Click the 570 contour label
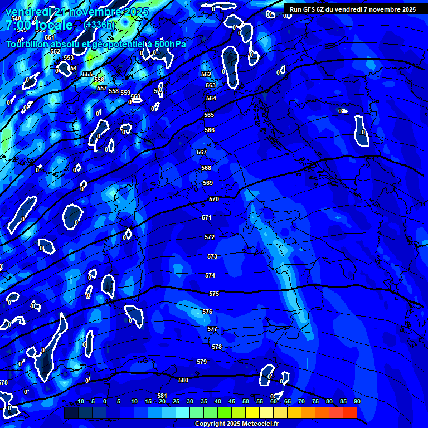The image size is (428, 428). [213, 199]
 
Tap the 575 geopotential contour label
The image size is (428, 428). [214, 294]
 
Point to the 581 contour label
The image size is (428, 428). [162, 396]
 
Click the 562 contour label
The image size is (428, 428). [206, 74]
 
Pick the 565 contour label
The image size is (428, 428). [209, 115]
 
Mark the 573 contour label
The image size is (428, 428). [212, 256]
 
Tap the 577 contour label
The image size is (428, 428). [212, 329]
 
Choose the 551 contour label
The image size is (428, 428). [50, 37]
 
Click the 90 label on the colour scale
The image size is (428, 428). [357, 401]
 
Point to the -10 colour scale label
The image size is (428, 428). [79, 401]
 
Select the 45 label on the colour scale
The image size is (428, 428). [232, 401]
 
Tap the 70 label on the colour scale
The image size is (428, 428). [301, 401]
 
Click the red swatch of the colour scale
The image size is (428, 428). [349, 412]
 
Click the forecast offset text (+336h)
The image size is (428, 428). [99, 25]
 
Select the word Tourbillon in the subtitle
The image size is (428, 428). [28, 44]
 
